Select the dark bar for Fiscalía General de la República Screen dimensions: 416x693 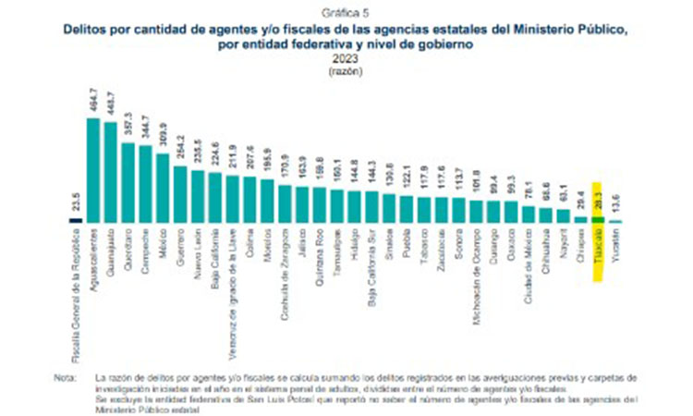pyautogui.click(x=76, y=220)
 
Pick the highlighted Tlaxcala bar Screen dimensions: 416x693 pyautogui.click(x=598, y=221)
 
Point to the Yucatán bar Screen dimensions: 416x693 pyautogui.click(x=615, y=222)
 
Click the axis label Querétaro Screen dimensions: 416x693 pyautogui.click(x=128, y=247)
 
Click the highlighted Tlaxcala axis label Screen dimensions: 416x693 pyautogui.click(x=598, y=244)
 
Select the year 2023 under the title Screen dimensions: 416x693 pyautogui.click(x=346, y=60)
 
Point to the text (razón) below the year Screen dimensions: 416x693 pyautogui.click(x=346, y=71)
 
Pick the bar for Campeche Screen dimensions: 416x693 pyautogui.click(x=146, y=184)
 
